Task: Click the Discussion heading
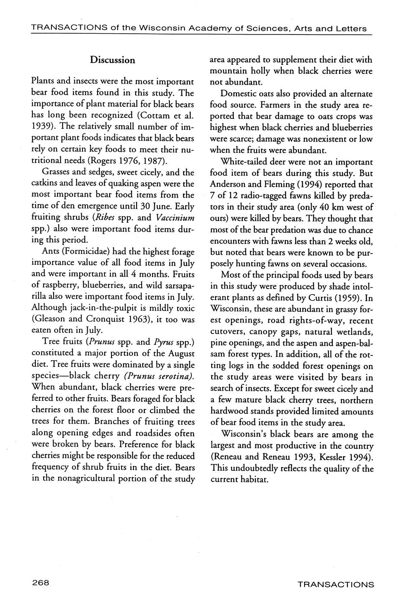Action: pos(112,60)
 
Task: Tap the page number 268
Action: pos(41,582)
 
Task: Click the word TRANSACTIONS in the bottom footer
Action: pos(336,584)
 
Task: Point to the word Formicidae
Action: pos(97,252)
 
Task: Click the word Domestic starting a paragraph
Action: pos(238,94)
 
